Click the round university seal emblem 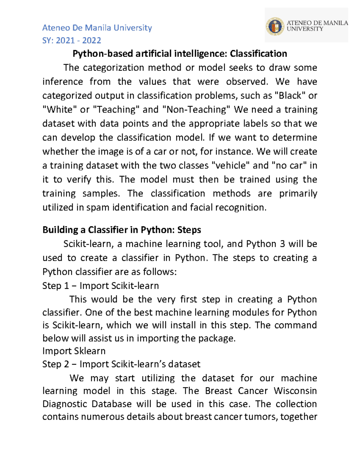275,26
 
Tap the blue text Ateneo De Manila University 97,28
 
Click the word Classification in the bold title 258,54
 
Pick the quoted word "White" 59,110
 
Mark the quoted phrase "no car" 289,166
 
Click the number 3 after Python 282,244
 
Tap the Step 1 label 56,286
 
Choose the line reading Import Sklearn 74,351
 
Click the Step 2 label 56,364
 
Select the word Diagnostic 64,404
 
